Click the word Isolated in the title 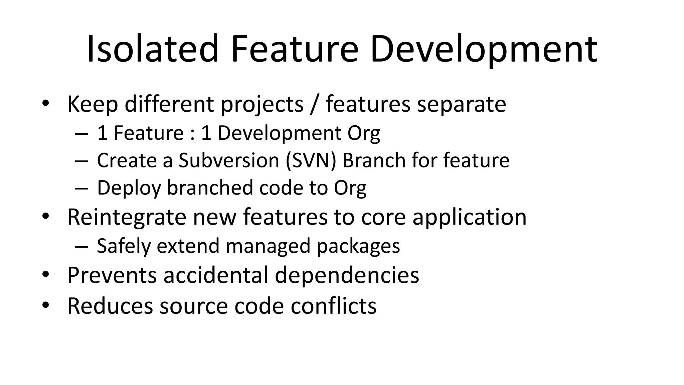tap(152, 49)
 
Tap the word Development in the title tap(484, 49)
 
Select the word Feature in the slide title tap(294, 49)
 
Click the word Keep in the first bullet tap(93, 104)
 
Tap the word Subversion tap(228, 160)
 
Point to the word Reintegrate tap(127, 217)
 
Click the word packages tap(358, 246)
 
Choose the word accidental tap(216, 275)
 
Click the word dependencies tap(347, 275)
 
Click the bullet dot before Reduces tap(46, 305)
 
